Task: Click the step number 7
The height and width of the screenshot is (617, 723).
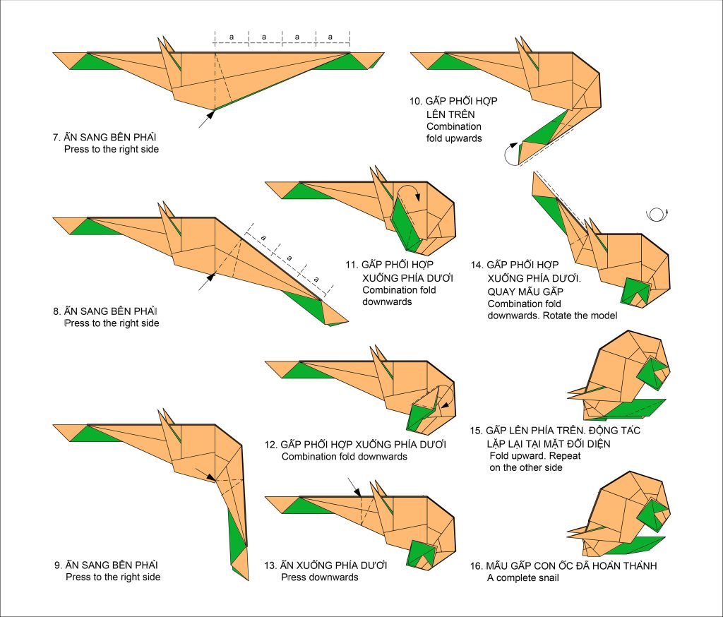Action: click(57, 137)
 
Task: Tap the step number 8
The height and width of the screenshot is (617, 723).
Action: click(57, 311)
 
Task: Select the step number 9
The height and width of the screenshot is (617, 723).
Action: click(57, 565)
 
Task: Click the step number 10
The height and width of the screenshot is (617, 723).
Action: click(415, 102)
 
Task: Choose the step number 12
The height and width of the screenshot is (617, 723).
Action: click(270, 445)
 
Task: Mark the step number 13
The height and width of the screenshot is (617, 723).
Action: click(270, 565)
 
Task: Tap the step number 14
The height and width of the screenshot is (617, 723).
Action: click(477, 265)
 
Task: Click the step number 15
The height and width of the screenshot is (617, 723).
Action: click(476, 431)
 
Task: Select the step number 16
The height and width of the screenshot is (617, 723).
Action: click(476, 566)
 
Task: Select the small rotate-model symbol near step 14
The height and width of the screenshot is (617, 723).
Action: click(656, 212)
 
